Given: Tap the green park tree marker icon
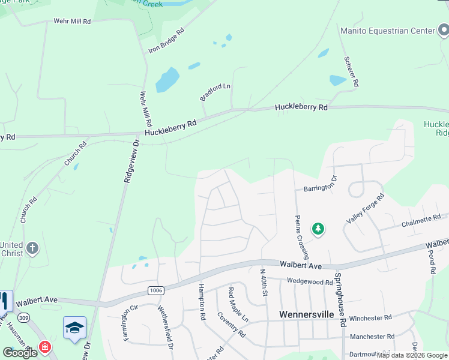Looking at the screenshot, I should point(318,229).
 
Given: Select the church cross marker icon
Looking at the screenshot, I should point(32,248).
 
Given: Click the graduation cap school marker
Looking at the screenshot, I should point(74,328).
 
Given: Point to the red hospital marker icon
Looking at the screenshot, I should point(44,347).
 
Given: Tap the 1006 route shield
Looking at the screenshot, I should point(155,290).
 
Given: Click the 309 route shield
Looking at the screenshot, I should point(23,317).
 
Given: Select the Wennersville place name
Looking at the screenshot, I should point(306,314).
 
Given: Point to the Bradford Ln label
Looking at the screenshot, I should point(215,92).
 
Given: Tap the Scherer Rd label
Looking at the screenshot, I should point(351,72).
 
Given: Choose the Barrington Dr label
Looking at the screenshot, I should point(321,187).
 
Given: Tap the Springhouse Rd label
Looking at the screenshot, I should point(340,299).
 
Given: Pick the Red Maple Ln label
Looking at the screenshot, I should point(238,304).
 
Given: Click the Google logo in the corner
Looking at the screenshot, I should point(20,353).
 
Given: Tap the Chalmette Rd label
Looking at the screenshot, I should point(421,222).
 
